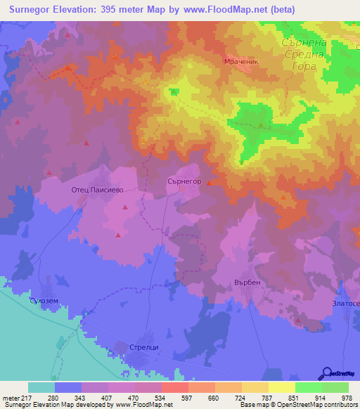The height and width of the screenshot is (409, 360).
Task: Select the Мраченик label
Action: pyautogui.click(x=242, y=61)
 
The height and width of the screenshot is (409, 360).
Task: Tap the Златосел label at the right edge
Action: pyautogui.click(x=345, y=304)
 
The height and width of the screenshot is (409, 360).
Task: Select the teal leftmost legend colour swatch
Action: pyautogui.click(x=41, y=387)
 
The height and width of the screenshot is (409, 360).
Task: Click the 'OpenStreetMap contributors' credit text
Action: pyautogui.click(x=317, y=405)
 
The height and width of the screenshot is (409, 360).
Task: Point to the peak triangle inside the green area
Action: pyautogui.click(x=260, y=126)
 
